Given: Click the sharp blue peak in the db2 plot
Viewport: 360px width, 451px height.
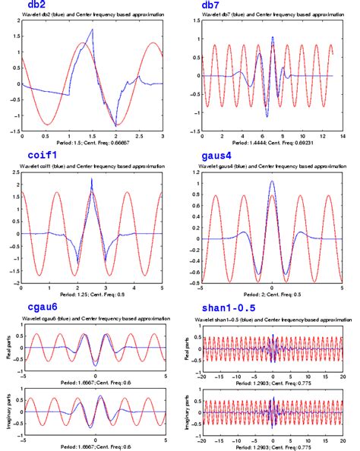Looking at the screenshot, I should coord(93,30).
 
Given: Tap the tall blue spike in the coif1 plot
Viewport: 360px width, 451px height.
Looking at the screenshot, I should coord(92,178).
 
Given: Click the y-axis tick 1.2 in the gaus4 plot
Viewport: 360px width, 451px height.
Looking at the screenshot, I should coord(195,173).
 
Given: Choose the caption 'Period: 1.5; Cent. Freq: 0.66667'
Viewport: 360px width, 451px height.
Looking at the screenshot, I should coord(93,143).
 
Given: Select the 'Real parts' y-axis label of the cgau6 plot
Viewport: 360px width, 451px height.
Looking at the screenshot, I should coord(6,348).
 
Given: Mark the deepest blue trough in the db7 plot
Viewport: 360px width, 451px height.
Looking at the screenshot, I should coord(267,116).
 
